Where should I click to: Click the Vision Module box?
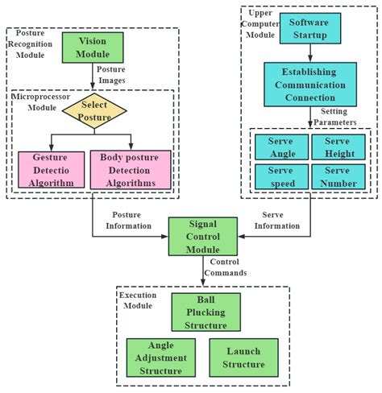(x=93, y=48)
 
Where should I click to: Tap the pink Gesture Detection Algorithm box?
(x=51, y=169)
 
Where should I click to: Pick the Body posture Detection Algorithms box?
(x=130, y=169)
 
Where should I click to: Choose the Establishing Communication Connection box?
(x=309, y=84)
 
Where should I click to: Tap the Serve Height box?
(x=338, y=146)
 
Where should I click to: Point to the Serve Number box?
(x=338, y=176)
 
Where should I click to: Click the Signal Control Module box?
(x=202, y=236)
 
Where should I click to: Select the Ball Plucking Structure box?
(x=206, y=312)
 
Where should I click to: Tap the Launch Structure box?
(x=243, y=357)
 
